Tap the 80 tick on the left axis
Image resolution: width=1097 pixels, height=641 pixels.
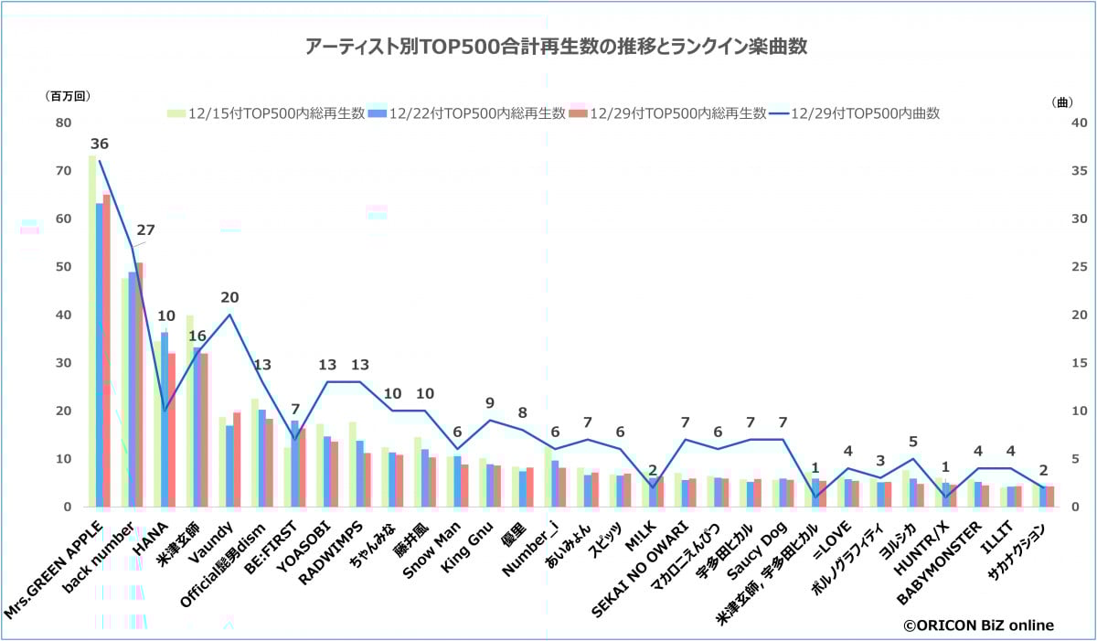62,123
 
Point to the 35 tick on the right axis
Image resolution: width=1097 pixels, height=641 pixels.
1052,171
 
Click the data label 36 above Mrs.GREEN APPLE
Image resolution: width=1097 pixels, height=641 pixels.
99,144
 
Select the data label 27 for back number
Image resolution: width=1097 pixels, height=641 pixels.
145,230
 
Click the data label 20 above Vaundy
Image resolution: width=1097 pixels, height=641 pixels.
229,297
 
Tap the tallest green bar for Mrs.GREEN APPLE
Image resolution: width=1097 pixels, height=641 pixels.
91,329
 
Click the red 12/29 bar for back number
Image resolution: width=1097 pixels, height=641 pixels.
139,384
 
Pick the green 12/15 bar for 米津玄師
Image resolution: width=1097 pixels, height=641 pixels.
188,411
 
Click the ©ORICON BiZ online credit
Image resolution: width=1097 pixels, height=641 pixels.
978,625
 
